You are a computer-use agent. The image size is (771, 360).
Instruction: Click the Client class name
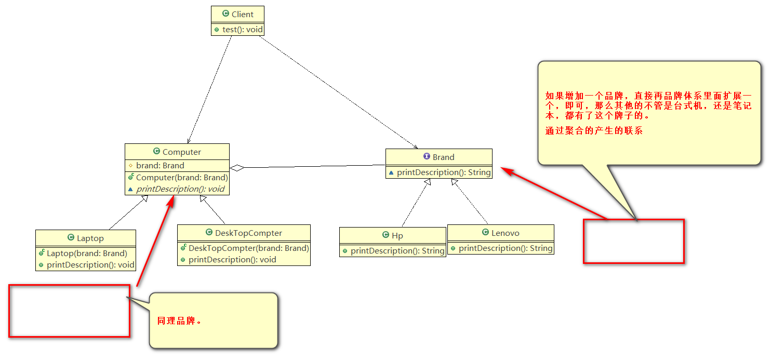click(242, 15)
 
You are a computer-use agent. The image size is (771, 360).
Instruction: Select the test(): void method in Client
click(242, 30)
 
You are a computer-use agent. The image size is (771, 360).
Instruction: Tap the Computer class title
click(181, 152)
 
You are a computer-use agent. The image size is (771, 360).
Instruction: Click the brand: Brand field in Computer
click(160, 166)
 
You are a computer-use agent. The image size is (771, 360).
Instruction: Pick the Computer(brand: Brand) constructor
click(182, 178)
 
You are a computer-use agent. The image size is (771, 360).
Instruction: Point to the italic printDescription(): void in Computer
click(180, 189)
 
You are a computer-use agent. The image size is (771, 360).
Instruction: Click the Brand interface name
click(443, 157)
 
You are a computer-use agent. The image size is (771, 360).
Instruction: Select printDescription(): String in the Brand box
click(444, 172)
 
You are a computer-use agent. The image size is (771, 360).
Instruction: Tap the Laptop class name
click(90, 238)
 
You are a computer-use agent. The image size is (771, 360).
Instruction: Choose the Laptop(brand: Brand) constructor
click(87, 254)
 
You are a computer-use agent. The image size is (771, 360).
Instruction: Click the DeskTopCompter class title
click(248, 233)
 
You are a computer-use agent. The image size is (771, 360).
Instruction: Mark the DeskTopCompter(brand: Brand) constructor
click(248, 248)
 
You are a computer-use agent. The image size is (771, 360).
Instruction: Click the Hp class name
click(397, 236)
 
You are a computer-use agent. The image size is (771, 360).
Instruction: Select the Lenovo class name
click(505, 233)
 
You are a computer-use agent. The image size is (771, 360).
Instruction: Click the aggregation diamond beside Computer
click(237, 168)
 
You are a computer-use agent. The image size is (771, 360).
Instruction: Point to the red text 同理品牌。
click(180, 321)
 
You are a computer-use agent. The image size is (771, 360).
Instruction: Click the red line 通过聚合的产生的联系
click(594, 131)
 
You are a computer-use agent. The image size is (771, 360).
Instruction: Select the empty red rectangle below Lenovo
click(633, 241)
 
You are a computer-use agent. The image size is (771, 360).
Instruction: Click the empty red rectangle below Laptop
click(69, 311)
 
